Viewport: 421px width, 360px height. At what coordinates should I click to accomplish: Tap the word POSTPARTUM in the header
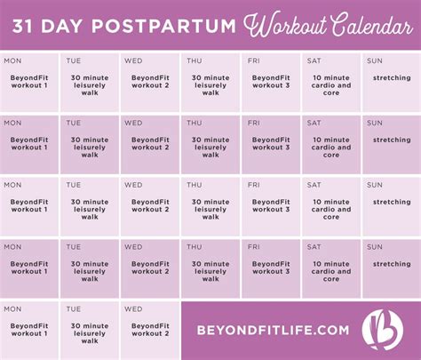click(163, 26)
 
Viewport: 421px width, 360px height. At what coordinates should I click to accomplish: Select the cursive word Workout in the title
click(285, 25)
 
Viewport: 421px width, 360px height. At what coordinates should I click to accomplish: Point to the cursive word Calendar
click(371, 25)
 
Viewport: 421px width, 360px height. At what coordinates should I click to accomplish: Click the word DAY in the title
click(61, 26)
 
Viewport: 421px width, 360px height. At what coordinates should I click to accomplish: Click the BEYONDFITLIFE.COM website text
click(273, 330)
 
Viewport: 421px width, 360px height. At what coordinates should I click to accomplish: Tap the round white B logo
click(383, 330)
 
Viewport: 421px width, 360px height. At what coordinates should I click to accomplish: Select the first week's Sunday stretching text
click(392, 78)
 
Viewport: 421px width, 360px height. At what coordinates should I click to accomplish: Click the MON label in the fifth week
click(12, 309)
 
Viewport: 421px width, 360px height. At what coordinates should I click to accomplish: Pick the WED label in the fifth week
click(133, 309)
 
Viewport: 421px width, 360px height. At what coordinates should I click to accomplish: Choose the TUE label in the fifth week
click(74, 309)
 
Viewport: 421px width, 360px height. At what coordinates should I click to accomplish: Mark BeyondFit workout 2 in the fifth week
click(150, 330)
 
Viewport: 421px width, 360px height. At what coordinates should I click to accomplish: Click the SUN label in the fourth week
click(375, 247)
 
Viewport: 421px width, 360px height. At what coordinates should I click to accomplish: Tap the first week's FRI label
click(254, 60)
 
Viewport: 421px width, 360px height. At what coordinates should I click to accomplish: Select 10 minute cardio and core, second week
click(331, 148)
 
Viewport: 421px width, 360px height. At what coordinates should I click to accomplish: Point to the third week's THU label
click(195, 185)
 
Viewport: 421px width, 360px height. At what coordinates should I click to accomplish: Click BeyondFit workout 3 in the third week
click(271, 205)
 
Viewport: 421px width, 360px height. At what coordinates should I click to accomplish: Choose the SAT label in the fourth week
click(314, 247)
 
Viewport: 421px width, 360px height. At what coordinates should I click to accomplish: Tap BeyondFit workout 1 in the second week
click(29, 143)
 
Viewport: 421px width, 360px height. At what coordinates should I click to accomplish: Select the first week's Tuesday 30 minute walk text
click(90, 85)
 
